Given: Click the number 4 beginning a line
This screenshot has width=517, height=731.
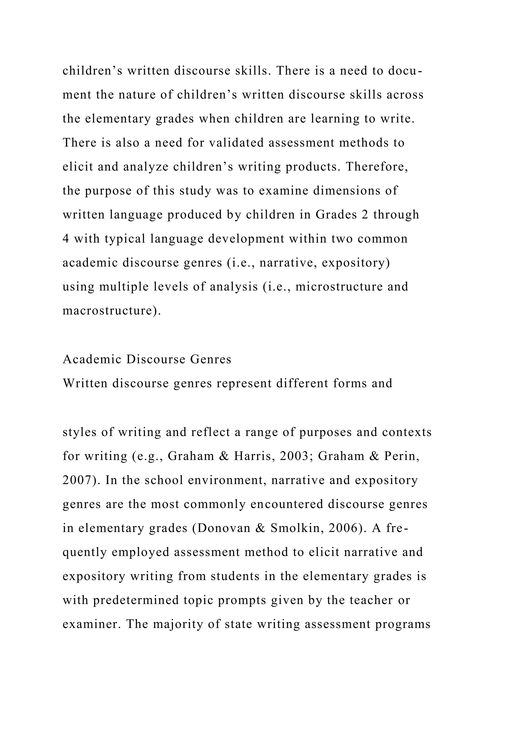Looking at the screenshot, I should [x=66, y=239].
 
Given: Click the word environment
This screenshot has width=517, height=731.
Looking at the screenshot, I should [x=227, y=480].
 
